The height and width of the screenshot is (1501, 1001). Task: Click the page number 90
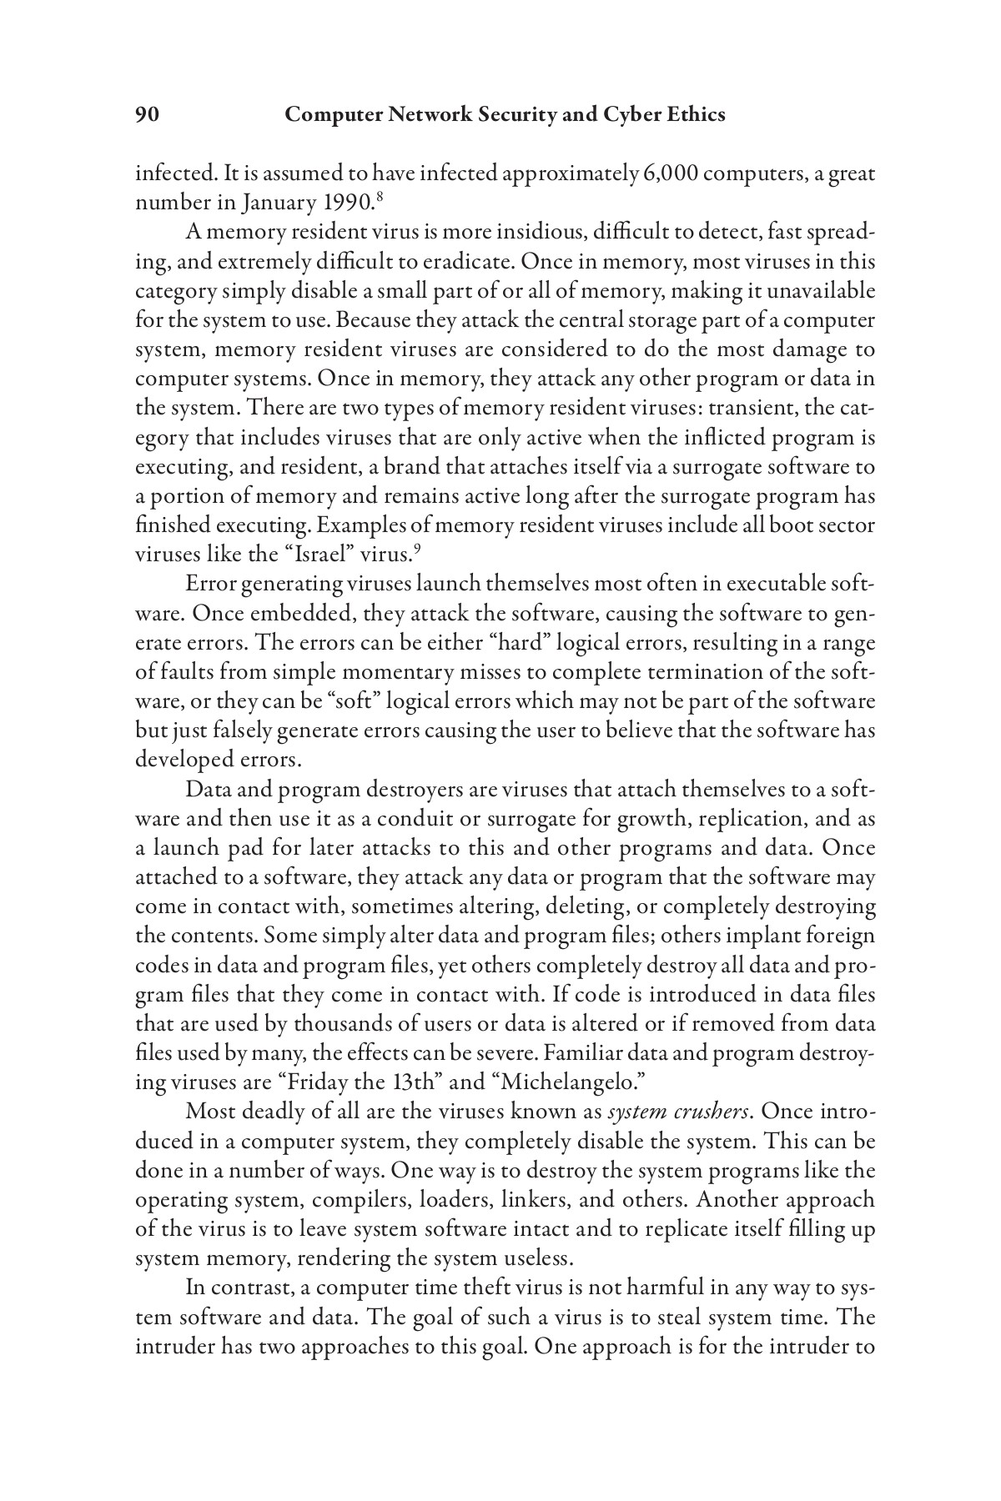(147, 115)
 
